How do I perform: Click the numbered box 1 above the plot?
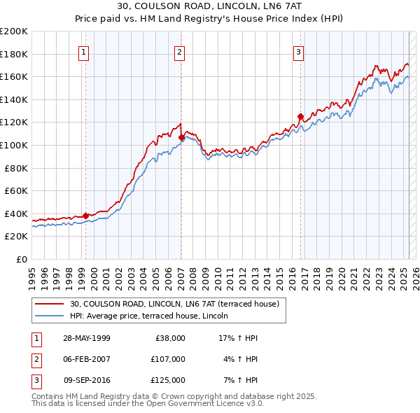[x=84, y=51]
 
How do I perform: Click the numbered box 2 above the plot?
[x=180, y=51]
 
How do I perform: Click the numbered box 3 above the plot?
[x=299, y=51]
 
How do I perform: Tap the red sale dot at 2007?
[x=181, y=137]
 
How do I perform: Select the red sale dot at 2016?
[x=300, y=116]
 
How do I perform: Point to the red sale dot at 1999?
[x=85, y=216]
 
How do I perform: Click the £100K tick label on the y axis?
[x=14, y=145]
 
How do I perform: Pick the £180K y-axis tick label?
[x=14, y=54]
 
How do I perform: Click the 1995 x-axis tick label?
[x=32, y=276]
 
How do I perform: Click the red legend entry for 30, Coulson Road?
[x=174, y=304]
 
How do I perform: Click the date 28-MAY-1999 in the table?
[x=87, y=338]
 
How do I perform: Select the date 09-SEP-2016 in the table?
[x=87, y=380]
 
